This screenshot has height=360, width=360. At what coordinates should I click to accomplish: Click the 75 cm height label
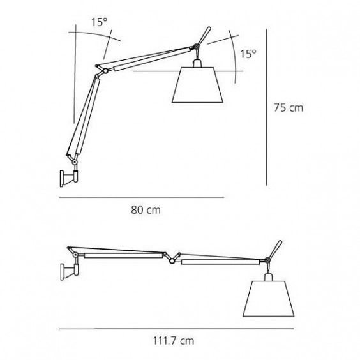(x=289, y=107)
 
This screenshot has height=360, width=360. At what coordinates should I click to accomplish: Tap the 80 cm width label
(x=146, y=210)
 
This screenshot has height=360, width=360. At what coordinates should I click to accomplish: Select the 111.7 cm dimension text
(x=174, y=341)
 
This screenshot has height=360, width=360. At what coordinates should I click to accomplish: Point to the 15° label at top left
(x=100, y=22)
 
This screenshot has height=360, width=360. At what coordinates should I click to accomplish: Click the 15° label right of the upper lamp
(x=248, y=54)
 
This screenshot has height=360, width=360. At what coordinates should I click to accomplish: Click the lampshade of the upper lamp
(x=197, y=85)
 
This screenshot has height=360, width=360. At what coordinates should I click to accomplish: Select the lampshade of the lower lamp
(x=268, y=299)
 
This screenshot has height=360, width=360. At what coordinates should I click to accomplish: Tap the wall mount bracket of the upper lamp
(x=69, y=178)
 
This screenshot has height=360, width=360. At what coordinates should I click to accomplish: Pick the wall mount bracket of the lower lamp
(x=70, y=272)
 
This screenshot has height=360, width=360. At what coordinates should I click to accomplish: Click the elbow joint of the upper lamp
(x=105, y=71)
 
